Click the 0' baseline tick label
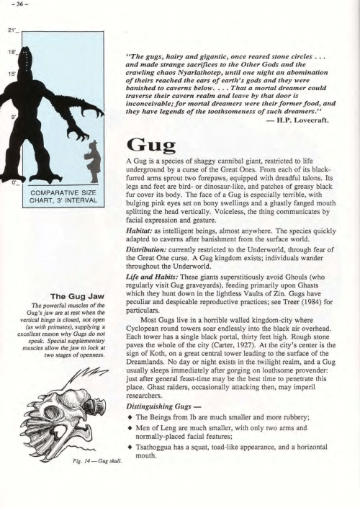click(x=11, y=183)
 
